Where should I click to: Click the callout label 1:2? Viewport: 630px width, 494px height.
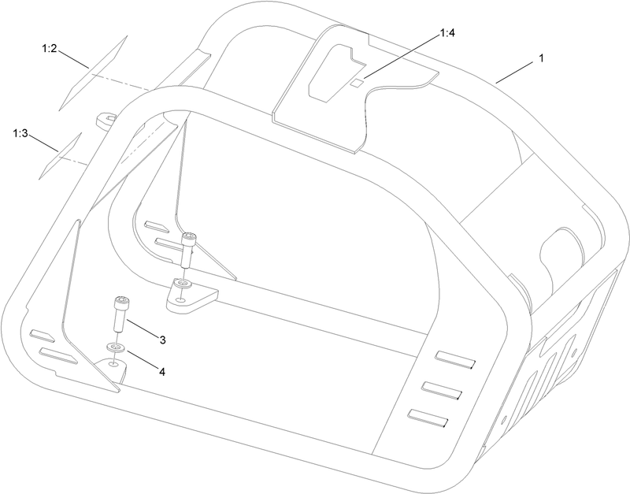click(x=50, y=49)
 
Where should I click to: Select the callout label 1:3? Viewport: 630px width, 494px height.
click(x=20, y=133)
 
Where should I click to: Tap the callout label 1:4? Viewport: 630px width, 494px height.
click(x=447, y=33)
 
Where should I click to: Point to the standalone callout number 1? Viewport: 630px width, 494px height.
click(x=541, y=58)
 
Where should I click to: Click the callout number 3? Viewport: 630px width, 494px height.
click(x=162, y=340)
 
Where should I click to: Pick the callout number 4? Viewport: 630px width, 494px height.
click(x=162, y=372)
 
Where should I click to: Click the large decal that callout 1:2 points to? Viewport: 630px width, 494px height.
click(x=93, y=73)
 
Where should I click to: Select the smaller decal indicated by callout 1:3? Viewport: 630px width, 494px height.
click(x=61, y=156)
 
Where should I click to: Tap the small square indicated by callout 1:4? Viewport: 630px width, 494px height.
click(x=357, y=83)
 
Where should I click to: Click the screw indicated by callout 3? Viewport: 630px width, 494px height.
click(x=120, y=314)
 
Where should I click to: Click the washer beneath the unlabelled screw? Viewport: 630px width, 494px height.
click(x=184, y=284)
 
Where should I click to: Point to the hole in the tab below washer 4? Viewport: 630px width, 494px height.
click(x=114, y=364)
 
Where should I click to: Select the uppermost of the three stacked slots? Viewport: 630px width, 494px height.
click(x=456, y=359)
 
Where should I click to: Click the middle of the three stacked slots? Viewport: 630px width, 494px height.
click(x=442, y=390)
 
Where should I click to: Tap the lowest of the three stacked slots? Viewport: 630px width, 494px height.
click(x=428, y=418)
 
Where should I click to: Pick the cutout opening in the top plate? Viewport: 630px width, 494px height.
click(x=337, y=72)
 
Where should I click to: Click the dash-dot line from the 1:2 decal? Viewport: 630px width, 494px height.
click(x=121, y=83)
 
